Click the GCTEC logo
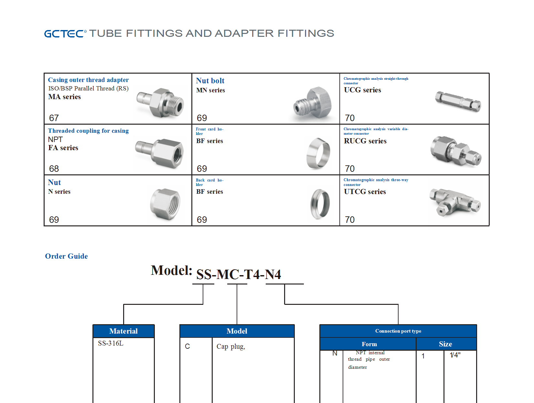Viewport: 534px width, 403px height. (65, 34)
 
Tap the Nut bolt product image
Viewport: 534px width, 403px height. (313, 105)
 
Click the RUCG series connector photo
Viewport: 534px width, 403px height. (456, 151)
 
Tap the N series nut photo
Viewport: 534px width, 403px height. (165, 204)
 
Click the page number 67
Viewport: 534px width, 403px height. (54, 118)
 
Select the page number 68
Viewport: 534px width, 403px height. (54, 169)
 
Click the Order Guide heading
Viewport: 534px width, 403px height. (66, 256)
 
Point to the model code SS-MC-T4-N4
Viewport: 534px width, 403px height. (239, 274)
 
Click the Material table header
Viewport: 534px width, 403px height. (123, 331)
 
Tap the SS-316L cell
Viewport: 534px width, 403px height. (111, 343)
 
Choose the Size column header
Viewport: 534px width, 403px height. (445, 344)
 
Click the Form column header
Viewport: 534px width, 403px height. (369, 344)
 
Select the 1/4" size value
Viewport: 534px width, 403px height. (455, 355)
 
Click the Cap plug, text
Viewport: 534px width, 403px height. (231, 346)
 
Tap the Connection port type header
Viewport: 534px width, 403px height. (398, 331)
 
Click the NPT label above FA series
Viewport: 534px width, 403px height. (55, 139)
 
